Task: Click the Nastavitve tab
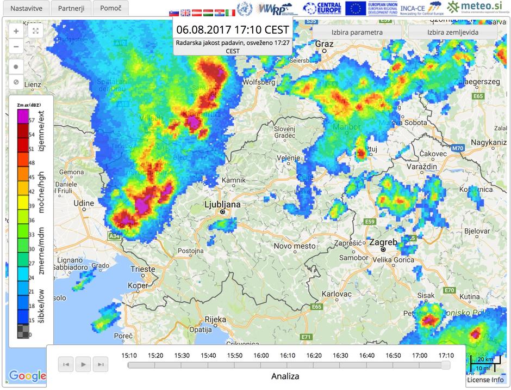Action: pos(27,8)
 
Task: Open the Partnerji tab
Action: pos(71,8)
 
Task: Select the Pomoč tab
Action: pos(110,8)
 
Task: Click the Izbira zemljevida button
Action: pos(453,32)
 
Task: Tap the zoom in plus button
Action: pos(16,31)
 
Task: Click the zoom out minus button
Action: pos(16,46)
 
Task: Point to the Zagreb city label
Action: pos(384,242)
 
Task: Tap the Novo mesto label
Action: pos(295,246)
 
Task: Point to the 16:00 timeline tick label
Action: pos(261,355)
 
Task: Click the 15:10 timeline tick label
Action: pos(129,355)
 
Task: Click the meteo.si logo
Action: pos(479,8)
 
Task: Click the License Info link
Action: pos(485,380)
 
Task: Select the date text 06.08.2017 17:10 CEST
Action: pos(233,29)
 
